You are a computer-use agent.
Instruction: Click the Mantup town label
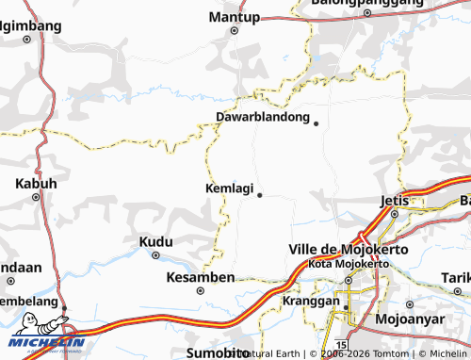(235, 17)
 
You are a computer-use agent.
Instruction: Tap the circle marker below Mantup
(235, 30)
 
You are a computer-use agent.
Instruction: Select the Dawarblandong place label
(263, 118)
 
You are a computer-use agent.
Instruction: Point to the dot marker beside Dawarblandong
(317, 123)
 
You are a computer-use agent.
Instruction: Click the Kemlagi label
(229, 188)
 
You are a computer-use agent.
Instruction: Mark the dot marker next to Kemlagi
(259, 195)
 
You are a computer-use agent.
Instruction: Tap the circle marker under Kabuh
(36, 197)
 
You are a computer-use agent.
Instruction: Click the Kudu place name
(155, 241)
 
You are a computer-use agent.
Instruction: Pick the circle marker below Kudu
(155, 254)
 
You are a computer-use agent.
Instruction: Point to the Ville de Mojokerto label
(338, 249)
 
